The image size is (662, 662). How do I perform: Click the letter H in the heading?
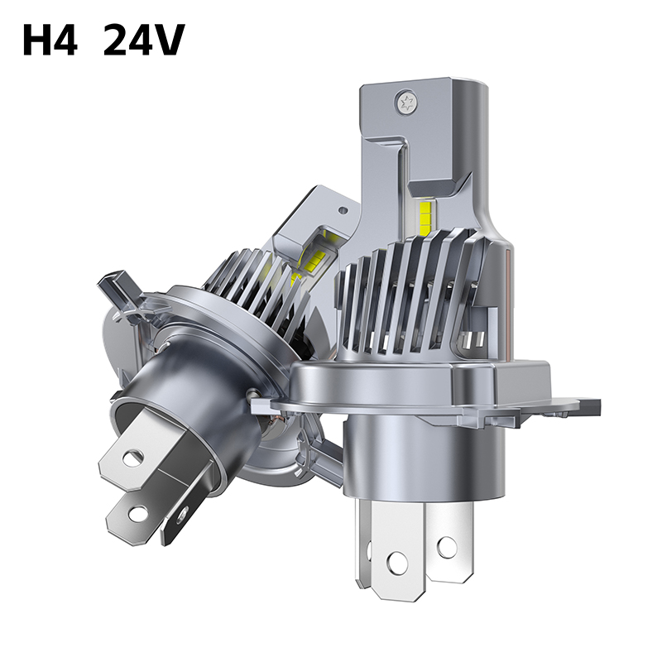tap(38, 40)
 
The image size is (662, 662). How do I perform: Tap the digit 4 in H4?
tap(66, 40)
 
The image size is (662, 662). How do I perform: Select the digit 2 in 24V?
tap(116, 40)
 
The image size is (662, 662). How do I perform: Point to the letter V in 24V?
tap(169, 40)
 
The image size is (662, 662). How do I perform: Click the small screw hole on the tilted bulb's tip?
tap(343, 209)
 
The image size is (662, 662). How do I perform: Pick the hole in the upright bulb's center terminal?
tap(396, 563)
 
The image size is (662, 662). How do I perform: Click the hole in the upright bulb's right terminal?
tap(446, 546)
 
